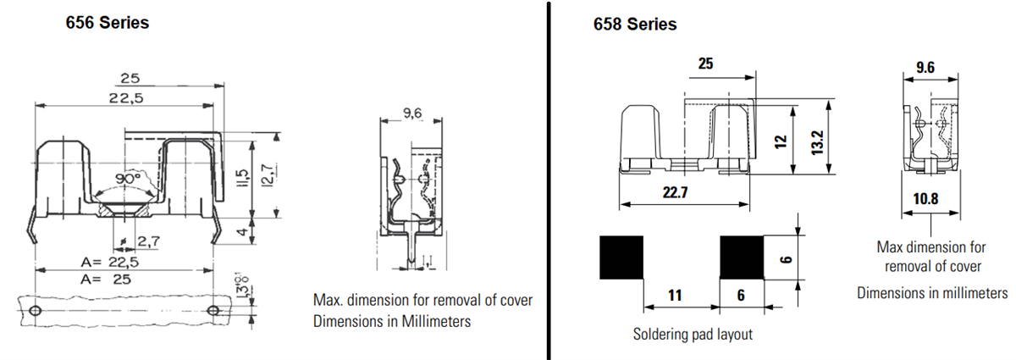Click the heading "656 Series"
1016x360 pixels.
[108, 23]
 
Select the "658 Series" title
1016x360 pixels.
[634, 25]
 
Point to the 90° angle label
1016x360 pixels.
[128, 180]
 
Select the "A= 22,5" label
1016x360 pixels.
[110, 262]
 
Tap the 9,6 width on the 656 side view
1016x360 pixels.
[412, 114]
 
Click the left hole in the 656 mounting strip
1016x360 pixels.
[35, 312]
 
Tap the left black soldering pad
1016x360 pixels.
[621, 258]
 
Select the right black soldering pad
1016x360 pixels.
[742, 258]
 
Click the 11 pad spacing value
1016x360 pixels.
[675, 296]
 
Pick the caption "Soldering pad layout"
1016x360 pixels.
[693, 334]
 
